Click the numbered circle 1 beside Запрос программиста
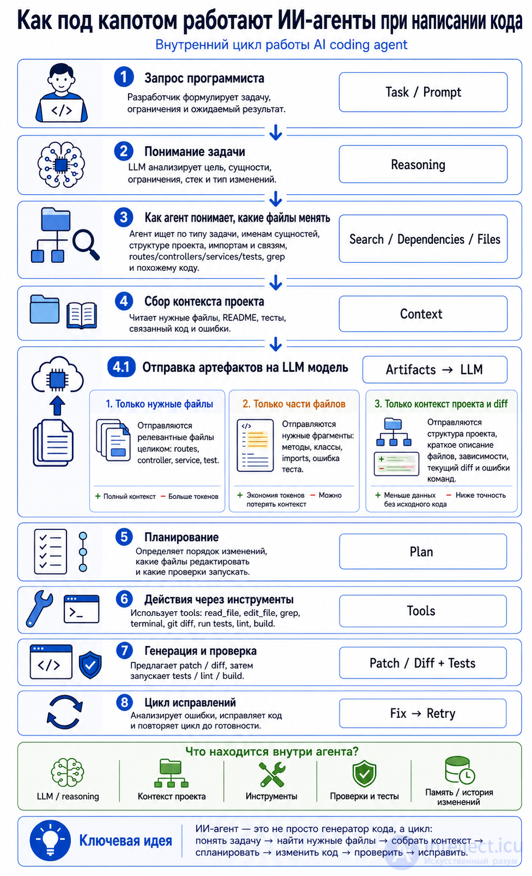pyautogui.click(x=124, y=77)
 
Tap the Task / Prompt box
pyautogui.click(x=423, y=92)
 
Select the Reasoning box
pyautogui.click(x=423, y=164)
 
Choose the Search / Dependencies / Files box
pyautogui.click(x=423, y=238)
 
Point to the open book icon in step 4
pyautogui.click(x=82, y=315)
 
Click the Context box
pyautogui.click(x=423, y=314)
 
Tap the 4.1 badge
pyautogui.click(x=121, y=367)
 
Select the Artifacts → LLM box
pyautogui.click(x=435, y=369)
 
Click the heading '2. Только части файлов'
pyautogui.click(x=294, y=404)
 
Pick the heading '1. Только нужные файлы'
pyautogui.click(x=160, y=404)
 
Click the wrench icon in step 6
pyautogui.click(x=39, y=608)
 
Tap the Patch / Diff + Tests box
pyautogui.click(x=423, y=663)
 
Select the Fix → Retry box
pyautogui.click(x=423, y=714)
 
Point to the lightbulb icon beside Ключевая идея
pyautogui.click(x=50, y=841)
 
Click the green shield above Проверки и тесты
pyautogui.click(x=364, y=774)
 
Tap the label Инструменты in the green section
pyautogui.click(x=271, y=797)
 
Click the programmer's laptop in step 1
pyautogui.click(x=62, y=110)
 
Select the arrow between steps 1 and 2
pyautogui.click(x=276, y=132)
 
